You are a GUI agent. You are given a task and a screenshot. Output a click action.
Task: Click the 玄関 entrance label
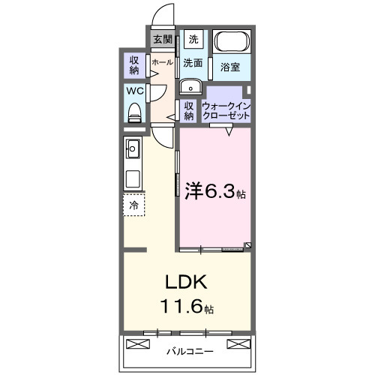[163, 39]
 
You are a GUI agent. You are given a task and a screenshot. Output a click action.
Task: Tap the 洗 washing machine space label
[193, 39]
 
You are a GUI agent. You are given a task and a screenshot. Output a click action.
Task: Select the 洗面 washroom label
[193, 63]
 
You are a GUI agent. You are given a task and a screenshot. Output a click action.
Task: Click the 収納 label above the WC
[134, 65]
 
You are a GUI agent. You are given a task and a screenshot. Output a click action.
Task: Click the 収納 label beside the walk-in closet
[189, 110]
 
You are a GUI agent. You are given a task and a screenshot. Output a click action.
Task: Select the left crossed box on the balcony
[140, 344]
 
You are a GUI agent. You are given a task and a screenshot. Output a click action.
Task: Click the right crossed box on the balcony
[238, 344]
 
